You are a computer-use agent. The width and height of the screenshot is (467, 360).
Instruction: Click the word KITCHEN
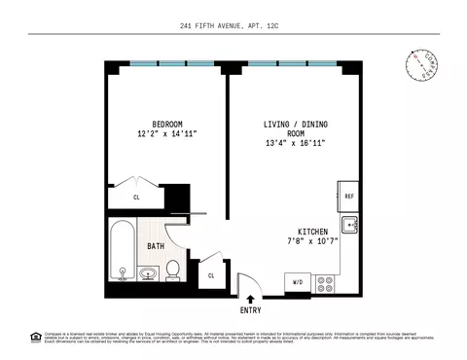click(305, 232)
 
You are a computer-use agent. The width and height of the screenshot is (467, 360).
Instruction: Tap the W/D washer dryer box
click(297, 283)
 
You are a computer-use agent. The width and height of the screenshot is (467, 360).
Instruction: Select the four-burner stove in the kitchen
click(326, 283)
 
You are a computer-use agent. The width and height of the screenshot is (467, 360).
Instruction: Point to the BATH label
click(155, 247)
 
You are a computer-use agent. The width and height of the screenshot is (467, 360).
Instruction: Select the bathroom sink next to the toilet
click(148, 274)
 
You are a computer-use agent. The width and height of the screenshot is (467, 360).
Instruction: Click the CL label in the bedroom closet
click(136, 197)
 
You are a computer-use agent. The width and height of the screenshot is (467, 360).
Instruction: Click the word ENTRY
click(250, 311)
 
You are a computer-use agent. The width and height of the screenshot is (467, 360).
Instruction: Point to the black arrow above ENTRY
click(250, 300)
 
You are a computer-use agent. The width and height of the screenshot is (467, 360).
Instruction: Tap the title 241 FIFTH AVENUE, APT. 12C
click(233, 26)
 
